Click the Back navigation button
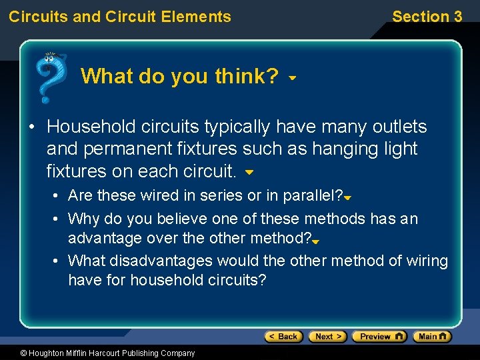(283, 337)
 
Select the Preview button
(379, 337)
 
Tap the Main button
(432, 337)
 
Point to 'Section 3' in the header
(427, 17)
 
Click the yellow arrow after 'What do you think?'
(292, 78)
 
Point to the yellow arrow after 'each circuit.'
(249, 173)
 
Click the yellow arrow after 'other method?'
(316, 242)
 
